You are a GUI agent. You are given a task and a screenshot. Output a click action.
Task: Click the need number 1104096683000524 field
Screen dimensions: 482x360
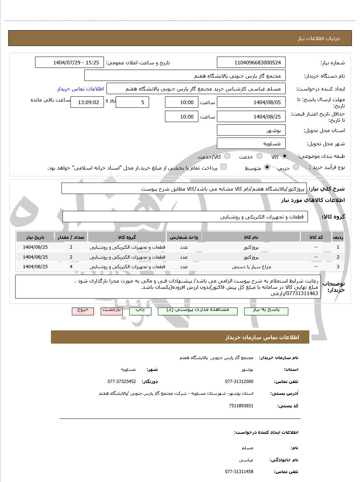(x=251, y=63)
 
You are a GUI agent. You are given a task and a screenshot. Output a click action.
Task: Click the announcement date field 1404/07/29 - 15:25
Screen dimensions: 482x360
(x=70, y=63)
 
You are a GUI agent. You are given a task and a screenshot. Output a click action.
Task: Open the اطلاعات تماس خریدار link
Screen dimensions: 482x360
(x=80, y=89)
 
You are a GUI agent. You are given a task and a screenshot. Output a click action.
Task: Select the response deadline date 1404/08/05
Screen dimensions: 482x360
(x=251, y=102)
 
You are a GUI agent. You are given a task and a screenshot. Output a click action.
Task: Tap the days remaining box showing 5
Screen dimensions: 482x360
(x=132, y=102)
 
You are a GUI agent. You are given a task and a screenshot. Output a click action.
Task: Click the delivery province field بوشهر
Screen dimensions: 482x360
(x=251, y=130)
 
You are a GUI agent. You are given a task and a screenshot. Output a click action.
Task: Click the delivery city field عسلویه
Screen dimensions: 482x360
(x=251, y=143)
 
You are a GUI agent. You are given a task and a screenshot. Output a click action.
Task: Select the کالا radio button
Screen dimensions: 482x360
(x=285, y=156)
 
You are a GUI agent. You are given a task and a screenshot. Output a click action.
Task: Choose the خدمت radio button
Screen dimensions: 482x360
(x=260, y=156)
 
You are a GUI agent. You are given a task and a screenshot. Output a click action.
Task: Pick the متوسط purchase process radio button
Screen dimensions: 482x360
(x=267, y=167)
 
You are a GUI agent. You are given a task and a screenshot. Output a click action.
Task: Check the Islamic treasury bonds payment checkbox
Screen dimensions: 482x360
(x=223, y=167)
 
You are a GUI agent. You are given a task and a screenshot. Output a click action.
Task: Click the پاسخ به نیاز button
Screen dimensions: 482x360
(x=266, y=311)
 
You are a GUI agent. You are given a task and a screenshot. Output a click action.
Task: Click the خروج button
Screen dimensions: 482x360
(x=83, y=311)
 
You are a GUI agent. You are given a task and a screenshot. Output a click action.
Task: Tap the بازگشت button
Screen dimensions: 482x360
(x=112, y=311)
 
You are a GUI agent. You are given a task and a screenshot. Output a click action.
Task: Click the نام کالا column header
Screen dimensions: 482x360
(x=251, y=237)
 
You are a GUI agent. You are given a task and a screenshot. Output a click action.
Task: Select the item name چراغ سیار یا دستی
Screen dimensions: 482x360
(x=251, y=267)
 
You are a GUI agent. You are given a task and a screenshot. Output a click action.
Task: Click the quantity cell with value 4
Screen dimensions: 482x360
(x=71, y=267)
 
